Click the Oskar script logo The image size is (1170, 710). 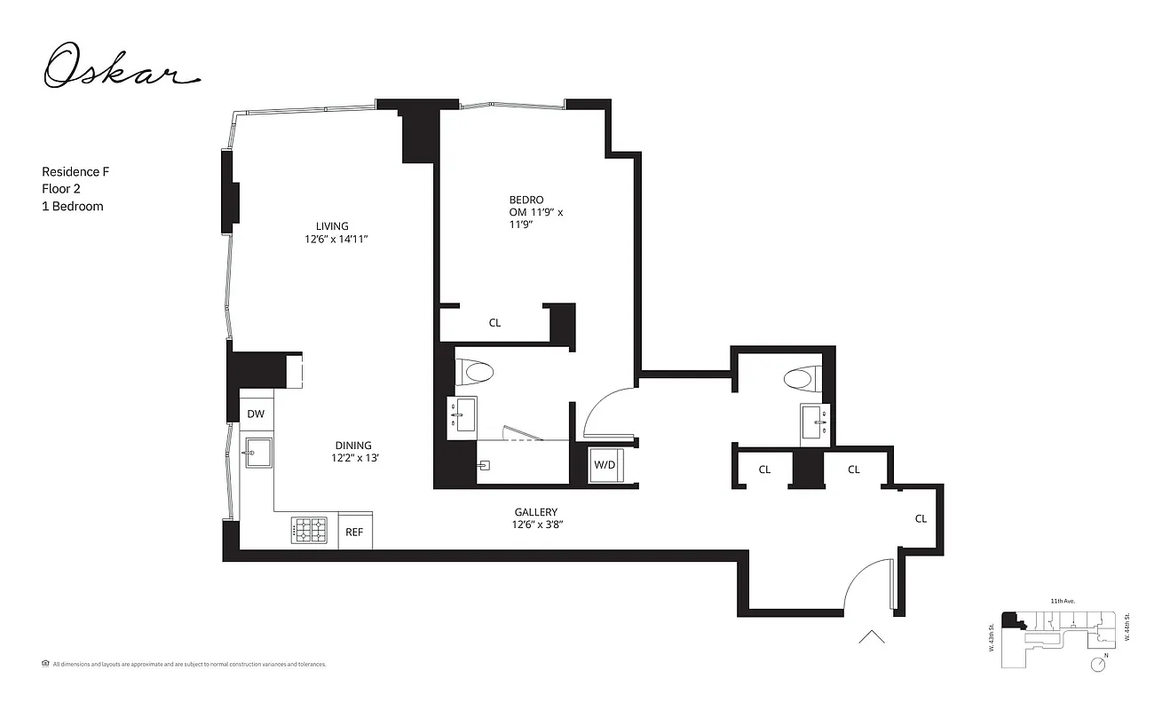120,67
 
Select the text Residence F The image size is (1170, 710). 75,171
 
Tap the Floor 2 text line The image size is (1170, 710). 60,188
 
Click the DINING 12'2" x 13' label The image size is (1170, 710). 353,452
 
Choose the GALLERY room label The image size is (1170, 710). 536,518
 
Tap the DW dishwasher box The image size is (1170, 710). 256,414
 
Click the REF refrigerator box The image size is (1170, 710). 354,532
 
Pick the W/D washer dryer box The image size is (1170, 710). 605,464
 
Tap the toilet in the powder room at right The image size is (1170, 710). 798,379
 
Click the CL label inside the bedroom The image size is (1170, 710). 494,323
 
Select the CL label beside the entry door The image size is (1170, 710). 921,518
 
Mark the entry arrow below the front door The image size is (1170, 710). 871,636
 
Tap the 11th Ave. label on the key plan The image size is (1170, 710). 1062,602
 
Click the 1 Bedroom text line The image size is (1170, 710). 73,206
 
